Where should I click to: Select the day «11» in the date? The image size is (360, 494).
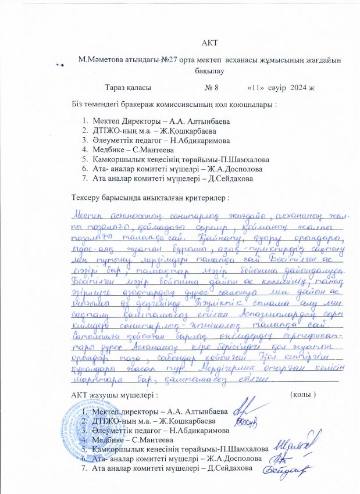coord(256,88)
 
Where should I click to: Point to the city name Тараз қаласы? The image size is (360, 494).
coord(128,88)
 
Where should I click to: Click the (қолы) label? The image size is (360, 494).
coord(302,395)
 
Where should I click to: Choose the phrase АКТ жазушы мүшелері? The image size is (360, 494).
coord(113,395)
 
